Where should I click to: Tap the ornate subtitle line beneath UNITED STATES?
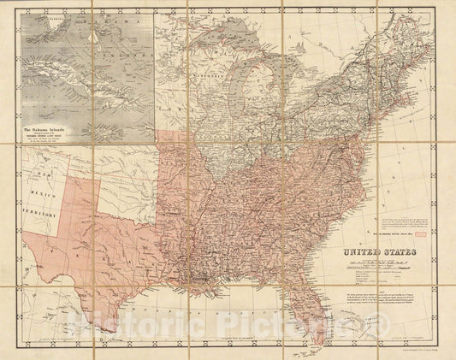click(x=385, y=263)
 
